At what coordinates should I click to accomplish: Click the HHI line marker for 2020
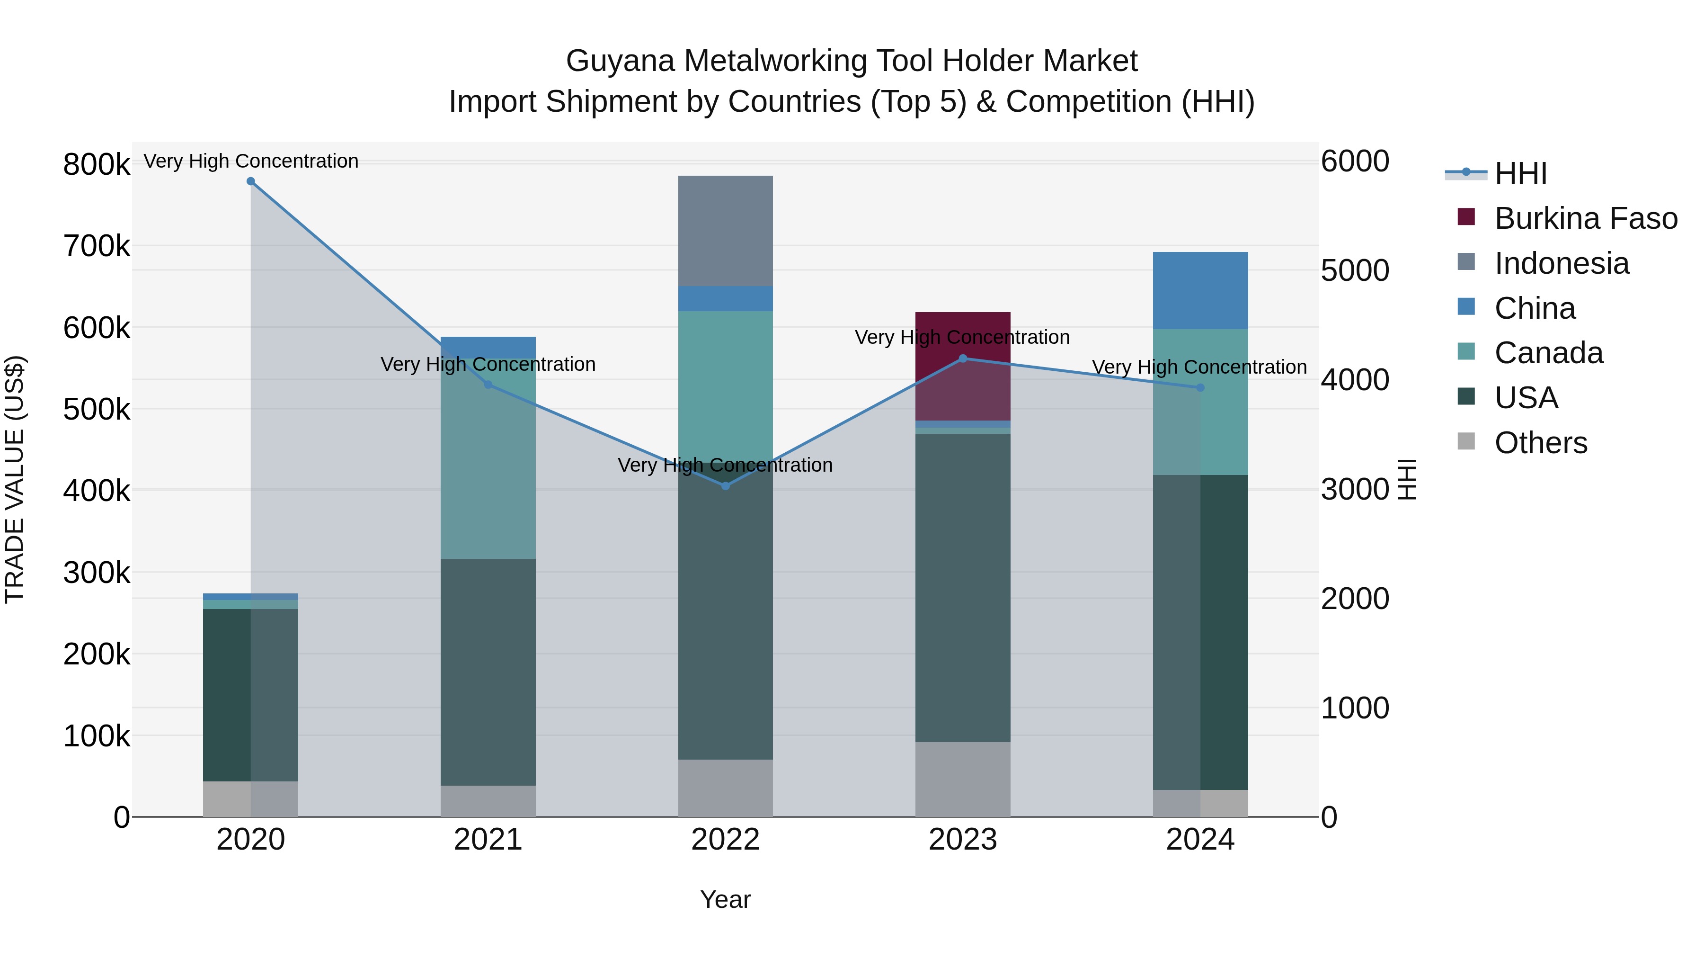[x=251, y=181]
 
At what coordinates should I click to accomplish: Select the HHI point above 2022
[x=726, y=486]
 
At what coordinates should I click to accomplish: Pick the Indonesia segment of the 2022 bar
[x=726, y=231]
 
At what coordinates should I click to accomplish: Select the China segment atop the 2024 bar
[x=1200, y=291]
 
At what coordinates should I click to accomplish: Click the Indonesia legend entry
[x=1561, y=263]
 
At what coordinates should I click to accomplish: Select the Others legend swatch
[x=1466, y=441]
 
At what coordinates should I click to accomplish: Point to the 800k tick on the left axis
[x=97, y=164]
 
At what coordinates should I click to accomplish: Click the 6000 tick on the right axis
[x=1355, y=161]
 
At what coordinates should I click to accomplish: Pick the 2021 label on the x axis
[x=488, y=840]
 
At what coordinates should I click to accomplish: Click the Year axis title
[x=726, y=899]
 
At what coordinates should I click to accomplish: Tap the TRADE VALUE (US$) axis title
[x=15, y=479]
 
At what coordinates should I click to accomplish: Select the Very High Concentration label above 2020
[x=251, y=161]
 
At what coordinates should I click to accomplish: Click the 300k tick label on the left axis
[x=97, y=573]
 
